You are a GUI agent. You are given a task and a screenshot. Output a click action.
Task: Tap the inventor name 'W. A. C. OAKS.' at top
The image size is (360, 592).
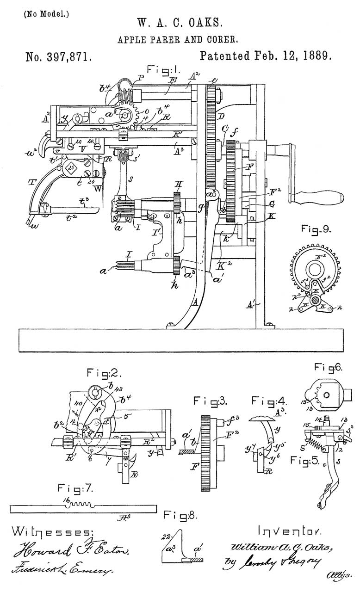[x=180, y=23]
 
